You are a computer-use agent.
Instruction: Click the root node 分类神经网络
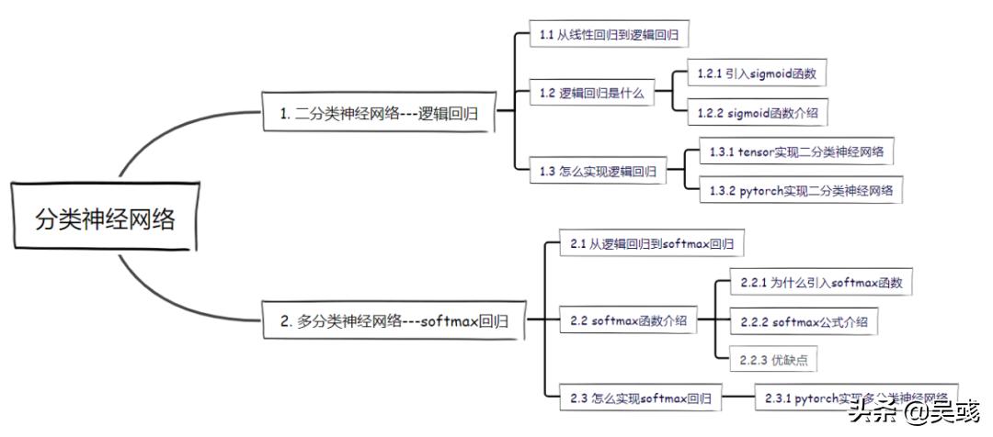104,219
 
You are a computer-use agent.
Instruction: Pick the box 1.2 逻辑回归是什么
593,93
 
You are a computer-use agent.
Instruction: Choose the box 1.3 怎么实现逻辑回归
599,171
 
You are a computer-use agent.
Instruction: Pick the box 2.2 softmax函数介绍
628,321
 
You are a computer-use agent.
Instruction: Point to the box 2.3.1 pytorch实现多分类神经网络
855,398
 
